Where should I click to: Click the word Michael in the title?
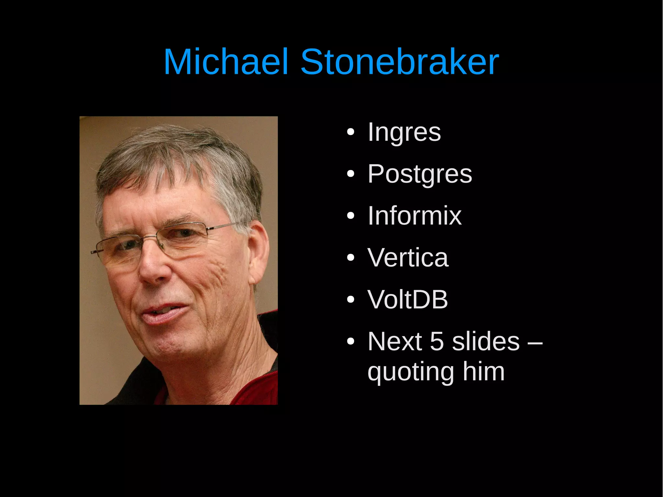point(226,62)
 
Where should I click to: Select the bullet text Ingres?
point(404,132)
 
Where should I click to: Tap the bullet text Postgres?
point(420,174)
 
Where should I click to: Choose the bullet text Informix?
point(414,216)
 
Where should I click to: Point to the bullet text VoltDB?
point(408,299)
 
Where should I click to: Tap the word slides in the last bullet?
point(486,341)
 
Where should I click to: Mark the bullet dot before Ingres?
point(351,132)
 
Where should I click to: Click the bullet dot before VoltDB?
point(351,300)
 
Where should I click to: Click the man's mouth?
point(163,312)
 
